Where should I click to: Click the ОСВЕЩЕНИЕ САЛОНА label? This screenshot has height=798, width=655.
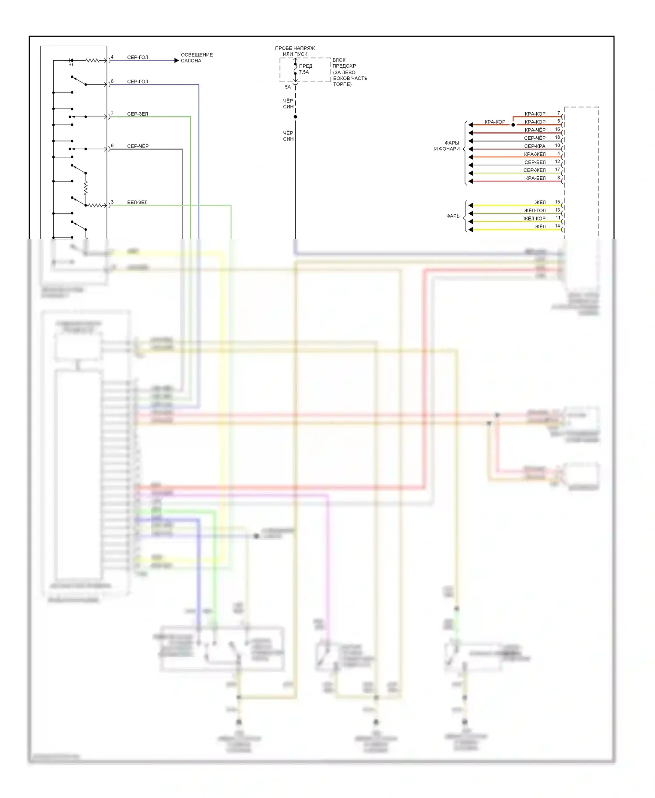click(x=196, y=58)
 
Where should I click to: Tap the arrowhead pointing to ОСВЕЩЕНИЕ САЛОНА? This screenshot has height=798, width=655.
click(x=176, y=61)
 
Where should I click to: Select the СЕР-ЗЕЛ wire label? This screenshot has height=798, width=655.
click(x=138, y=114)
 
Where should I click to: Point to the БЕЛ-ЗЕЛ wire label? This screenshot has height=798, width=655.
click(x=137, y=203)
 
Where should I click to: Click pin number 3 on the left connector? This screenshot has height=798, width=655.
click(x=112, y=202)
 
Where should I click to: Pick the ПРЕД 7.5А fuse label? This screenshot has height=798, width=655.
click(x=305, y=69)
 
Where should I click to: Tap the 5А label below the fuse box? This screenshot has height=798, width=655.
click(x=288, y=87)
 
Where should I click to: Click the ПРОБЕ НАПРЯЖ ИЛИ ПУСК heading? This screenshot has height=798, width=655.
click(x=295, y=51)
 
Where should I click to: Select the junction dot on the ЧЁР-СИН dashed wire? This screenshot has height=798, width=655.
click(x=296, y=117)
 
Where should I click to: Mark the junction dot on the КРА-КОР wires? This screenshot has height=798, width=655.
click(x=513, y=125)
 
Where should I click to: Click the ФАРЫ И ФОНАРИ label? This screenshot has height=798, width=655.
click(x=447, y=146)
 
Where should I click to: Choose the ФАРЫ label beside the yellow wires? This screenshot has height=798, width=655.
click(x=453, y=216)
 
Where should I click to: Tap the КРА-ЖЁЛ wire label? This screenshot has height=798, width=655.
click(x=535, y=154)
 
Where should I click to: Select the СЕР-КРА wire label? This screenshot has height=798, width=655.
click(x=534, y=146)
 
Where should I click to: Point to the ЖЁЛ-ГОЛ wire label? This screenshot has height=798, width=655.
click(x=534, y=210)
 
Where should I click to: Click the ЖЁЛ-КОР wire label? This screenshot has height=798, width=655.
click(x=534, y=219)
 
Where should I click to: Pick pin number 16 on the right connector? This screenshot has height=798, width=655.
click(x=557, y=129)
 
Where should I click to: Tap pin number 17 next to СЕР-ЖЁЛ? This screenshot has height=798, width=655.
click(x=557, y=169)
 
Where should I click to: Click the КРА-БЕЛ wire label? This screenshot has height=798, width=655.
click(x=535, y=179)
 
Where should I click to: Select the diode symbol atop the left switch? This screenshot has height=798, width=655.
click(x=71, y=61)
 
